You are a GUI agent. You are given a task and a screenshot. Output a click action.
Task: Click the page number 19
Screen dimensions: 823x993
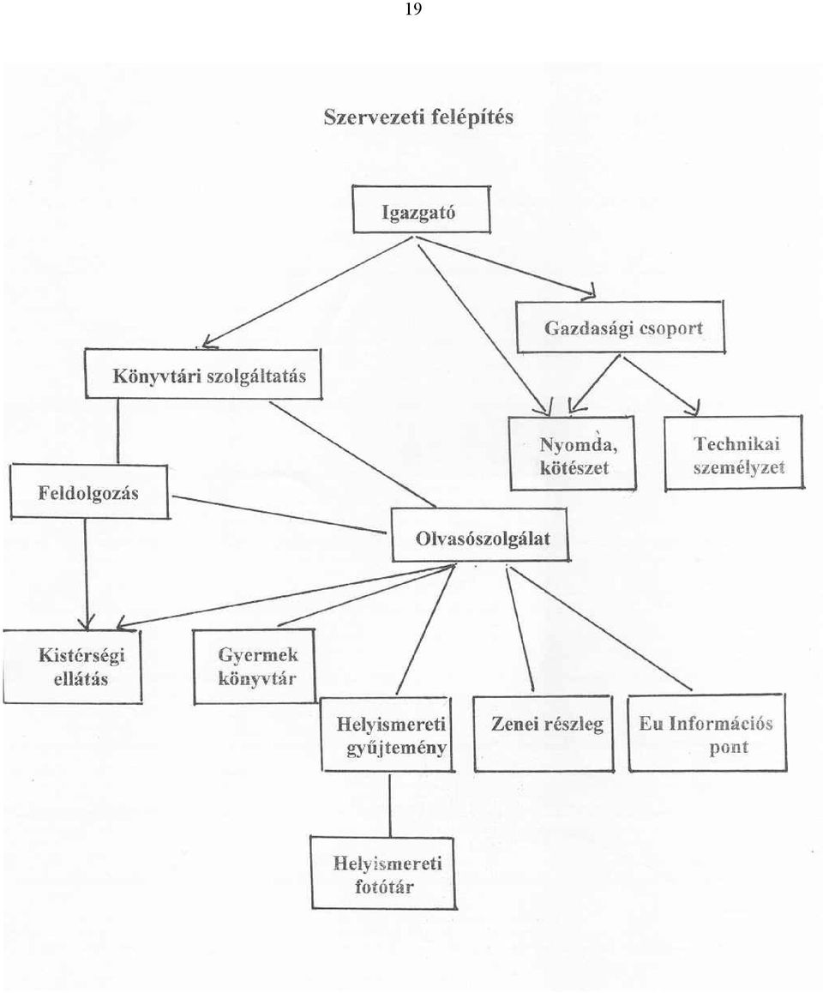click(x=412, y=9)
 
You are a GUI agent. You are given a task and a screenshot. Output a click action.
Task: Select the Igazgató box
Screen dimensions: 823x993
click(x=422, y=209)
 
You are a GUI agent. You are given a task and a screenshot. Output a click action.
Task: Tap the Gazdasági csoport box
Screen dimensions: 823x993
click(x=621, y=327)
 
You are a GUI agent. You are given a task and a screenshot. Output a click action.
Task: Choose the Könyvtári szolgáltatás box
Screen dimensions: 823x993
click(x=203, y=374)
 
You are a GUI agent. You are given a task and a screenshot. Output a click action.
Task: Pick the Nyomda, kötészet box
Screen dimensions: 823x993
click(x=573, y=454)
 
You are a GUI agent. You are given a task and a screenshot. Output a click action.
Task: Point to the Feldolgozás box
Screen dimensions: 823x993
click(x=89, y=492)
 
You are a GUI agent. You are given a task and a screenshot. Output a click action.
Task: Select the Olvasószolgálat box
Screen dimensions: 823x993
click(x=480, y=535)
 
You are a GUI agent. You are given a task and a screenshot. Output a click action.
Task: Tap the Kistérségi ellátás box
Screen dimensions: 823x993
click(x=72, y=666)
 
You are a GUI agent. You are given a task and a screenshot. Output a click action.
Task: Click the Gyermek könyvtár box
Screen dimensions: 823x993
click(x=255, y=666)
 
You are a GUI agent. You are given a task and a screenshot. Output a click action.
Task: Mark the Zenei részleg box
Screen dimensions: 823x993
click(x=544, y=733)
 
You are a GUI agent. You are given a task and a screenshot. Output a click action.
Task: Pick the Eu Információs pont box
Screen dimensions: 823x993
click(x=707, y=732)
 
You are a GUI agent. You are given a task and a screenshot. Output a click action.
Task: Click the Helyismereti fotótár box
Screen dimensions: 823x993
click(x=383, y=873)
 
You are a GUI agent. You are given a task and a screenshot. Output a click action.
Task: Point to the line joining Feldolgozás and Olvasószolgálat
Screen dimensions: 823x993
click(x=279, y=515)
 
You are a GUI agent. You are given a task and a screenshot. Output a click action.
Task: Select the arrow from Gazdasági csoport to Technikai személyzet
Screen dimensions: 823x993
click(x=662, y=386)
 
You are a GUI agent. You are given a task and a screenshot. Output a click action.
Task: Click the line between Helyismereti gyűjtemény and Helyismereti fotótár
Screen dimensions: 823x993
click(x=389, y=804)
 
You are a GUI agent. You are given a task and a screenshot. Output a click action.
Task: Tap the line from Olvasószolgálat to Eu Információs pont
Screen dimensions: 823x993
click(x=600, y=629)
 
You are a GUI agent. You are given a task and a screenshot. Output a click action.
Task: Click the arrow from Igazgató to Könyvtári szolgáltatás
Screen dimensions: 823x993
click(x=306, y=292)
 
